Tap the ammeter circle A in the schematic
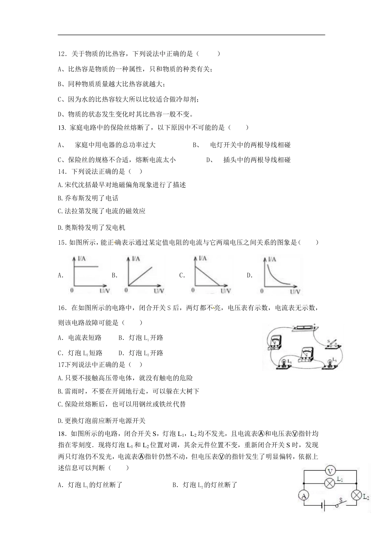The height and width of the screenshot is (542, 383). [304, 496]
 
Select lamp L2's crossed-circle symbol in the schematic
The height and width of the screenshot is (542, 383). [356, 495]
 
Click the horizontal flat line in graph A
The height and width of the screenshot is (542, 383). [86, 266]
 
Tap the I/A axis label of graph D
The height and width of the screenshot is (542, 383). [271, 259]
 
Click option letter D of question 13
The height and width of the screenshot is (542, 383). [210, 160]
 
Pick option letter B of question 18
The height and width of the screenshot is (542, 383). [175, 485]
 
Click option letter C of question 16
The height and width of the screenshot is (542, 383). [60, 353]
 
